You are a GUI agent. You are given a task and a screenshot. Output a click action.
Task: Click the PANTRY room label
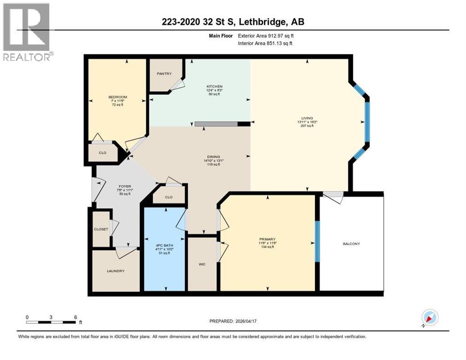point(164,74)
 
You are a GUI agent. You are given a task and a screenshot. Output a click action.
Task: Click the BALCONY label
point(351,244)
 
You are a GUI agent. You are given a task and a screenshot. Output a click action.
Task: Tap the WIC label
point(202,264)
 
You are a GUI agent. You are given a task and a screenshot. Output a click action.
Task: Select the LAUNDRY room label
point(115,271)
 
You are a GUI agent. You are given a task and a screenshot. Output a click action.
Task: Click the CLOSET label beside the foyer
point(101,229)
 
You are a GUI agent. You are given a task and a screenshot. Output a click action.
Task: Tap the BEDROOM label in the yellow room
point(118,97)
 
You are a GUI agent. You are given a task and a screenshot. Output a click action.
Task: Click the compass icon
point(429,318)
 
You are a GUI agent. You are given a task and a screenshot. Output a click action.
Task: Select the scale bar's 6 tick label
point(75,317)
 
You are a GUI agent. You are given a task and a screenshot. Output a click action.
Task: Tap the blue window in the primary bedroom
point(317,243)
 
